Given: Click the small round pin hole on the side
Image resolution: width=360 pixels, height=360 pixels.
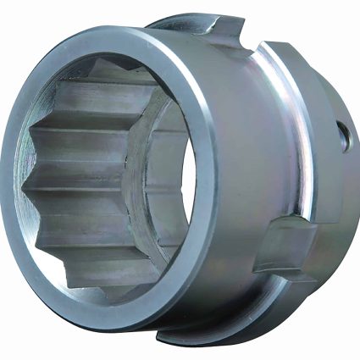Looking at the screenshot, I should [343, 136].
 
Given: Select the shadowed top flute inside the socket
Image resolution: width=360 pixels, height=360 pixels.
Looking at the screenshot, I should [102, 72].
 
